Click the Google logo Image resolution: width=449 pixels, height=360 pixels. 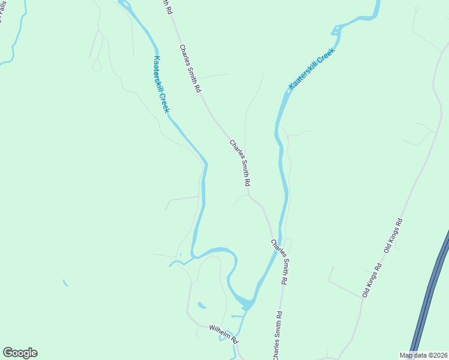pyautogui.click(x=20, y=353)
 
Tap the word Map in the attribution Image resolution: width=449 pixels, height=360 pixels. pyautogui.click(x=407, y=355)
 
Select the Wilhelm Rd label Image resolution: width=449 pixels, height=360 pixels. pyautogui.click(x=224, y=333)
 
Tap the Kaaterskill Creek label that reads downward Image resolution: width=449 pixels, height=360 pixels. pyautogui.click(x=161, y=85)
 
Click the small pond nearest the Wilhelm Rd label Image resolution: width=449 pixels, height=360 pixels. pyautogui.click(x=202, y=305)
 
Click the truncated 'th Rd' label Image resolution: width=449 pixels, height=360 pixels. pyautogui.click(x=167, y=7)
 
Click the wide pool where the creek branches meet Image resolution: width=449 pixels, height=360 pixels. pyautogui.click(x=244, y=303)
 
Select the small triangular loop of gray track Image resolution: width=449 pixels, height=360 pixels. pyautogui.click(x=96, y=64)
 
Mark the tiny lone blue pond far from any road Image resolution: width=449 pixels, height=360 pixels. pyautogui.click(x=65, y=283)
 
